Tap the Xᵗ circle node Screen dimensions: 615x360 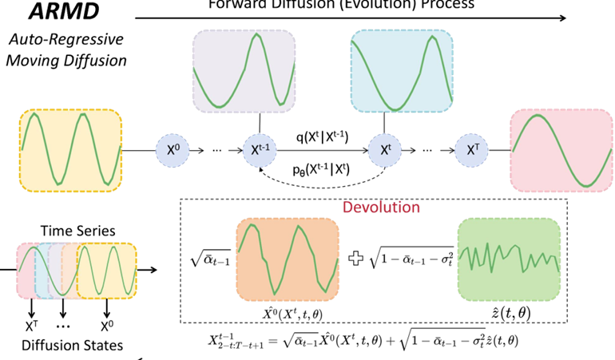pyautogui.click(x=384, y=149)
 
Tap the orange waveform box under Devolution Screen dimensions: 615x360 pyautogui.click(x=287, y=258)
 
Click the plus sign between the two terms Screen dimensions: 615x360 pyautogui.click(x=357, y=259)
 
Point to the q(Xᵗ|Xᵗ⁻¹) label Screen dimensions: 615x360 pyautogui.click(x=323, y=136)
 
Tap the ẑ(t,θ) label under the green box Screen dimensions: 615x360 pyautogui.click(x=508, y=311)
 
